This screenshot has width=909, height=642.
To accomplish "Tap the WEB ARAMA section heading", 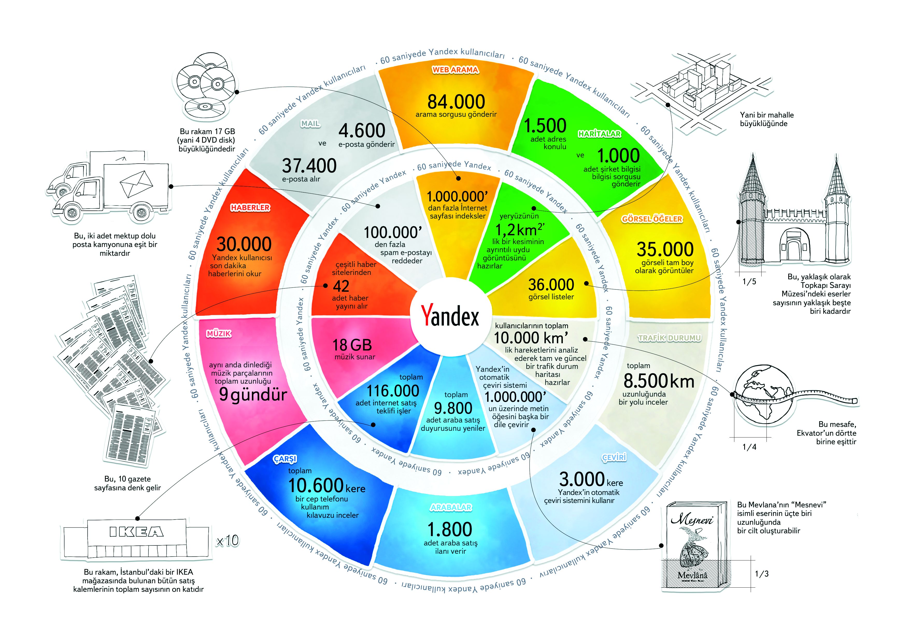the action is pos(455,70).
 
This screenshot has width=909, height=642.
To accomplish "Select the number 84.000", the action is pos(456,102).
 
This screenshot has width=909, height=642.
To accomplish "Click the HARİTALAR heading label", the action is pos(599,134).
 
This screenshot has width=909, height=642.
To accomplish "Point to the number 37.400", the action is pos(309,166).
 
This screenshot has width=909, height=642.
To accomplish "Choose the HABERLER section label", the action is pos(250,208).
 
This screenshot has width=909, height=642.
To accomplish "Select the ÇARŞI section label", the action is pos(285,459).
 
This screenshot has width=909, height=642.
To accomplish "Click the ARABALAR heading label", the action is pos(451,507).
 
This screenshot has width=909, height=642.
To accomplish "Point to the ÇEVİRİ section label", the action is pos(614,458).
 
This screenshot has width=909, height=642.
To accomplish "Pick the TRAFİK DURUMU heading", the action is pos(670,338).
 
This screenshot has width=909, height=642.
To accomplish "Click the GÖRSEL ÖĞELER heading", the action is pos(652,219).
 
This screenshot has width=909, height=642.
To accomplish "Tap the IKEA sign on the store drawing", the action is pos(136,532).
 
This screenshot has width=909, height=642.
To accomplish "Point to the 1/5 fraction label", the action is pos(749,282).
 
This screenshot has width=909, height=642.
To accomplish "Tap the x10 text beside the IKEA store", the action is pos(227,540).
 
